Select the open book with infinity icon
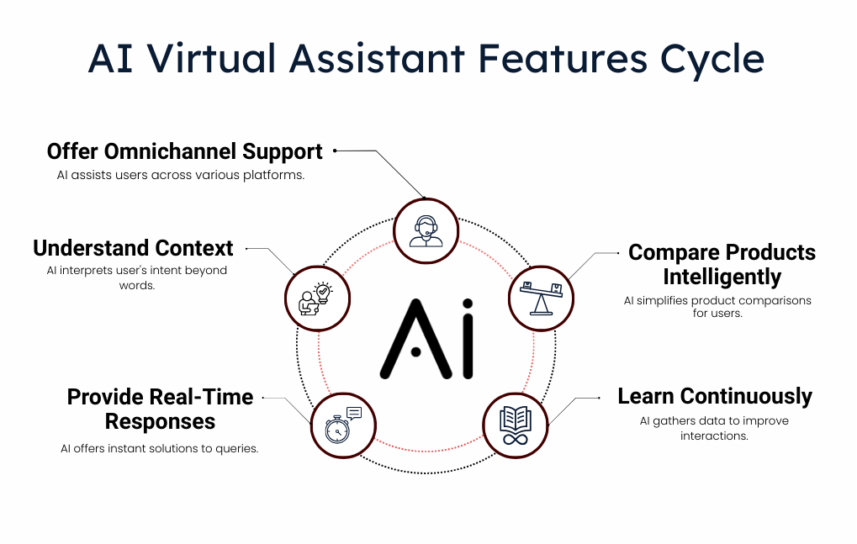click(516, 425)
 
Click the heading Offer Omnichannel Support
click(184, 151)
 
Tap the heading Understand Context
click(133, 248)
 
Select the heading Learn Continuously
click(714, 396)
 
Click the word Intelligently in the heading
click(722, 277)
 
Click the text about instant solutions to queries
click(159, 448)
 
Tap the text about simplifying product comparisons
click(717, 307)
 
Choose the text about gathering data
click(714, 428)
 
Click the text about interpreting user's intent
click(136, 277)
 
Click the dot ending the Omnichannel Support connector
click(335, 151)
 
